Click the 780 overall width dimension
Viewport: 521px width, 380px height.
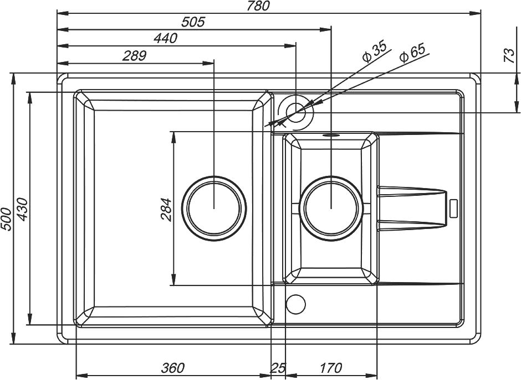[258, 6]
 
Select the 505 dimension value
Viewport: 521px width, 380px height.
[193, 22]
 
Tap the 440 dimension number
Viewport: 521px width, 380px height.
[165, 39]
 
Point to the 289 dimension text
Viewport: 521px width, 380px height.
[134, 56]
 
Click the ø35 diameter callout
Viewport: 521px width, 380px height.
[375, 52]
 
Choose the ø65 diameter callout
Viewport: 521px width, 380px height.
[412, 53]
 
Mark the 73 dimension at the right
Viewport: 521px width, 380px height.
[509, 56]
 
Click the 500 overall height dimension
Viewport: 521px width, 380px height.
[6, 219]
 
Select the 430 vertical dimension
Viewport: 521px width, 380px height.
[23, 209]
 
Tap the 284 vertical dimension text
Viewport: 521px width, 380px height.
[166, 210]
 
